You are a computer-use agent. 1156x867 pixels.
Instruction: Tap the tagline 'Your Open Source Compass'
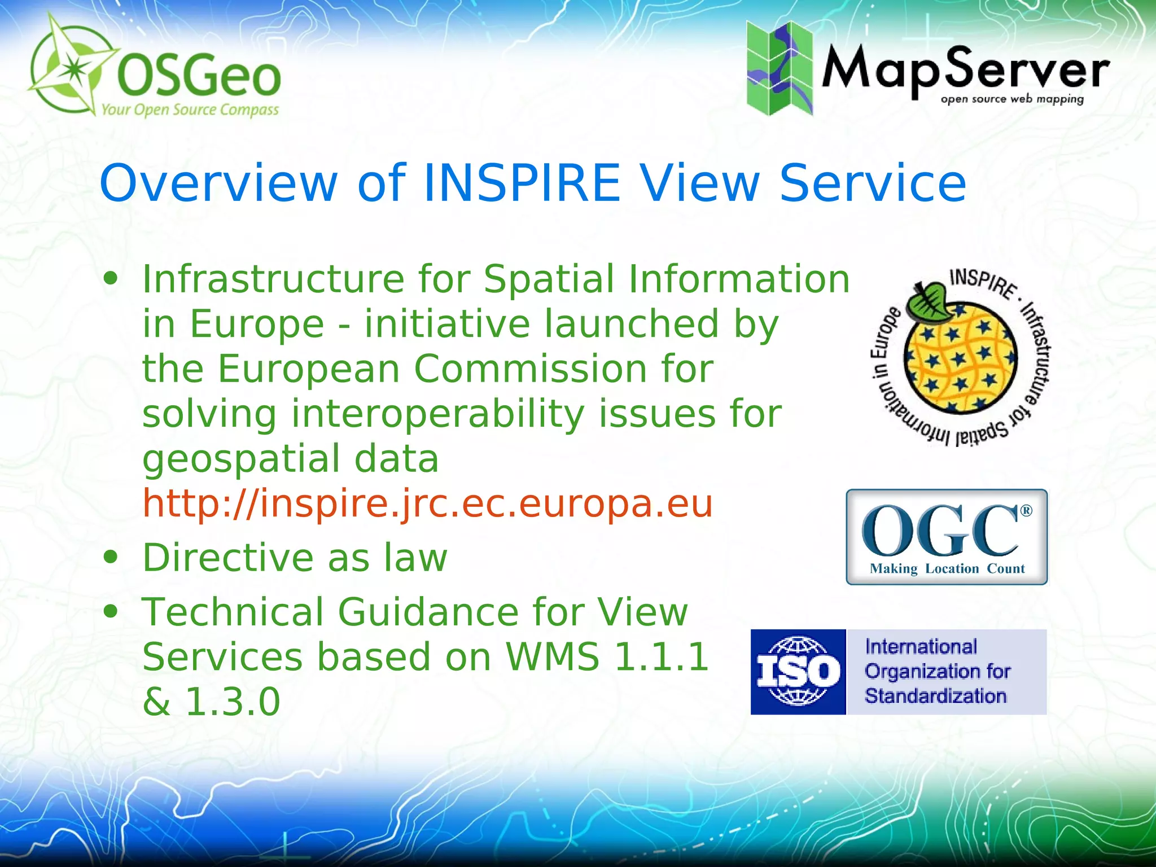190,110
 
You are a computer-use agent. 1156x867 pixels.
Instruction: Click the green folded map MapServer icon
780,68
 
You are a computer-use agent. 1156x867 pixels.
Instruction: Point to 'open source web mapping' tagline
1012,99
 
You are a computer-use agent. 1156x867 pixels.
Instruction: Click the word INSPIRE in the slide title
522,183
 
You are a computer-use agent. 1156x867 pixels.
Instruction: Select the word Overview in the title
218,183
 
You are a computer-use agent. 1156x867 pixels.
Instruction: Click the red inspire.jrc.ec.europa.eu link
427,503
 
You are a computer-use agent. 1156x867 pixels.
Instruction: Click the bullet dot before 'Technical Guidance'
111,611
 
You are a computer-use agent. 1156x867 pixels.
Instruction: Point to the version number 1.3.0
232,702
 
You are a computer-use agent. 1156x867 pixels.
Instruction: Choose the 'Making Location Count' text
947,568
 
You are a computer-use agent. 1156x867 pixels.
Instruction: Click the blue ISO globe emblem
798,672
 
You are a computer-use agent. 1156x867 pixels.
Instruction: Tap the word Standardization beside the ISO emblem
935,696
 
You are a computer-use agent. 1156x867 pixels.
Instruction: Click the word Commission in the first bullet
530,369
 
